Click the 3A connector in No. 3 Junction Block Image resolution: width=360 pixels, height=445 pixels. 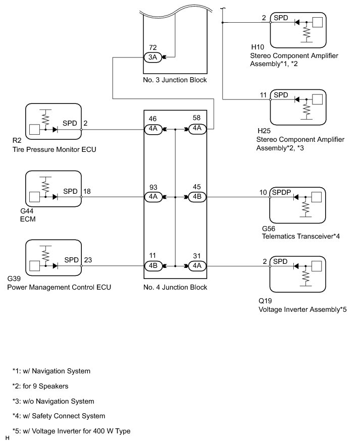coord(153,58)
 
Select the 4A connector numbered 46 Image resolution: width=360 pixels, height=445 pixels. coord(153,129)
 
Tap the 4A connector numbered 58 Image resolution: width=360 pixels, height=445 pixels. coord(197,129)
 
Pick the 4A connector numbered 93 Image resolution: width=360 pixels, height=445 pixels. coord(153,197)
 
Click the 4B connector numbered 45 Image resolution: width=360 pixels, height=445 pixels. coord(197,197)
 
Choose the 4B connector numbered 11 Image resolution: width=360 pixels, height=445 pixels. coord(153,265)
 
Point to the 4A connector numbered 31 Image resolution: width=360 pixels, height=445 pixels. coord(197,265)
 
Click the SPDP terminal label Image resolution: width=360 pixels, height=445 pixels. coord(281,192)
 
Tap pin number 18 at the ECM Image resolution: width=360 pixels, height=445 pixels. coord(87,191)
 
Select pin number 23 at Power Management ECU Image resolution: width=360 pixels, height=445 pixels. coord(88,260)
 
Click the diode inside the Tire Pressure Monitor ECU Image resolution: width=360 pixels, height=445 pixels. coord(55,130)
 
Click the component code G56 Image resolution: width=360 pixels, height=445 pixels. coord(269,229)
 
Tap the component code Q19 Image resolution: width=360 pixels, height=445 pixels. coord(265,301)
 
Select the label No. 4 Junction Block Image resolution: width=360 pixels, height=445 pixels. coord(175,287)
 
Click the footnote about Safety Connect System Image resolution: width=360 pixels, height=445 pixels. coord(59,416)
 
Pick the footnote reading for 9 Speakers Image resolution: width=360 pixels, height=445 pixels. coord(40,386)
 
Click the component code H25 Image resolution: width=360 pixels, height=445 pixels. coord(264,131)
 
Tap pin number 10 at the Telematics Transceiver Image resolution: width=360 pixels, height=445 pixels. coord(263,192)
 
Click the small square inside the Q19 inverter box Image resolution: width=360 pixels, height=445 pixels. coord(317,266)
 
